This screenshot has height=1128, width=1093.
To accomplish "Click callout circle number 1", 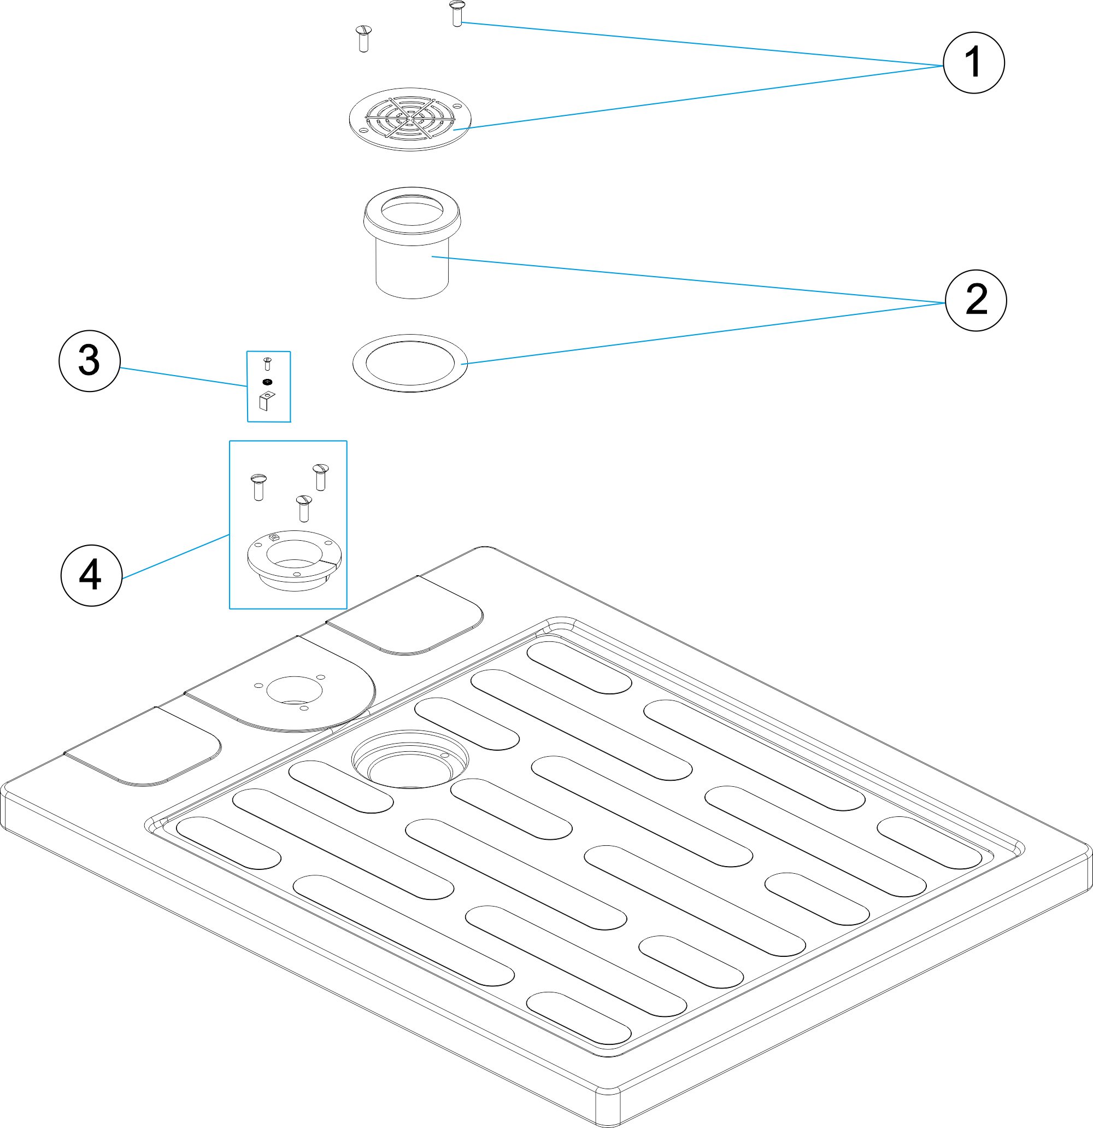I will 973,62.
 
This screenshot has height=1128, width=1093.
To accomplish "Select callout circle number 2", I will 976,300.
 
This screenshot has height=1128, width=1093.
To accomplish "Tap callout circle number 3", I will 89,361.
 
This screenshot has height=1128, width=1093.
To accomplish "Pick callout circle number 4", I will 91,575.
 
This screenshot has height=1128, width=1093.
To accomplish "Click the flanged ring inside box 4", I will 294,559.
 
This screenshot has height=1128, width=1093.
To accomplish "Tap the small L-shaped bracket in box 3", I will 266,401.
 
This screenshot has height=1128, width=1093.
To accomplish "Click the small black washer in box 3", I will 267,382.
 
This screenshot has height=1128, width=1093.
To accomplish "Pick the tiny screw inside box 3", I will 267,363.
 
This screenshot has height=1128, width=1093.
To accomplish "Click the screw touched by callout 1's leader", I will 457,13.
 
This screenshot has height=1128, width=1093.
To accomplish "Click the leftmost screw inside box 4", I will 258,486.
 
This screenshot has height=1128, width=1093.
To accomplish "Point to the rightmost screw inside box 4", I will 320,477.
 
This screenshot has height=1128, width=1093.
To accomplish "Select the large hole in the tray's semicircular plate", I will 295,689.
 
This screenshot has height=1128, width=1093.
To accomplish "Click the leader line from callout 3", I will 184,377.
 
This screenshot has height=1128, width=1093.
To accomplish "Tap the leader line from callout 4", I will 176,556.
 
